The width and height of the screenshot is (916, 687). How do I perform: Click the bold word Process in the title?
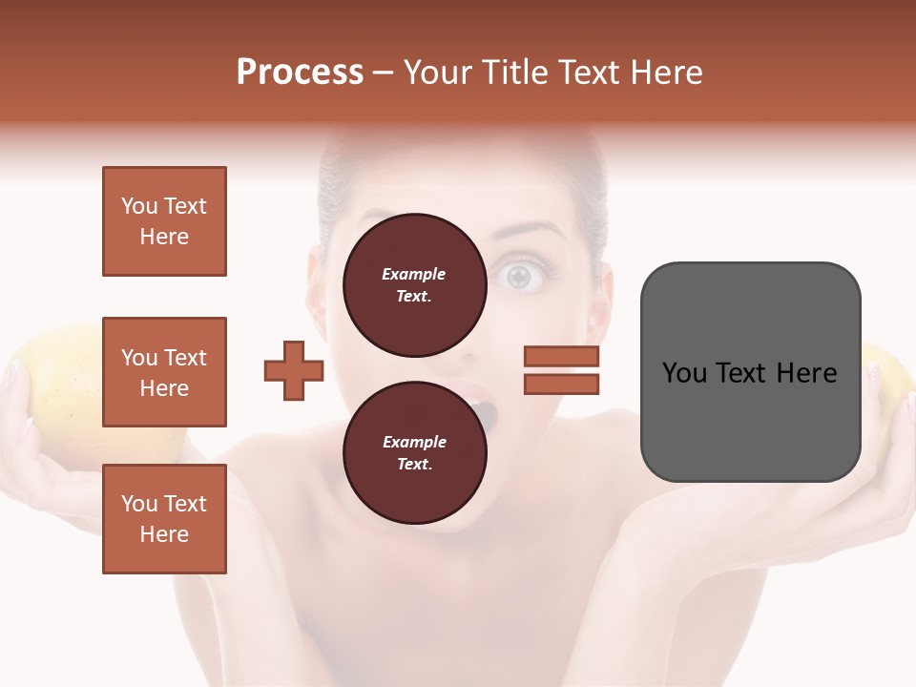coord(300,73)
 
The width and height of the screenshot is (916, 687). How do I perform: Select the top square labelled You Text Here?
coord(164,221)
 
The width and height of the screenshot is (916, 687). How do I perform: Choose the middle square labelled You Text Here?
coord(164,372)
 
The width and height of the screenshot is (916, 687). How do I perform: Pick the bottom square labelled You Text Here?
coord(164,518)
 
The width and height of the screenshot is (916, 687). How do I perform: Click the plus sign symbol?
coord(294,369)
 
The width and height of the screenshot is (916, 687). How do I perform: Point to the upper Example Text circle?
coord(413,285)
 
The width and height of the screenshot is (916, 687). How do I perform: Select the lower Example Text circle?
coord(413,453)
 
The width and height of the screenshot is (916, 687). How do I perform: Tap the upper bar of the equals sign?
coord(561,356)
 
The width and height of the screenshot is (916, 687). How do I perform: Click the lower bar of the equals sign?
coord(561,384)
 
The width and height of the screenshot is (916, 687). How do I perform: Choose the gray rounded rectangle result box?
coord(750,371)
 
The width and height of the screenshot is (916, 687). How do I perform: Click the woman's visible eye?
coord(519,277)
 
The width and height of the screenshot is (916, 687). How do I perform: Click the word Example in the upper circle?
coord(413,274)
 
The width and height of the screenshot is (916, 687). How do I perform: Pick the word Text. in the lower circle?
coord(413,465)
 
